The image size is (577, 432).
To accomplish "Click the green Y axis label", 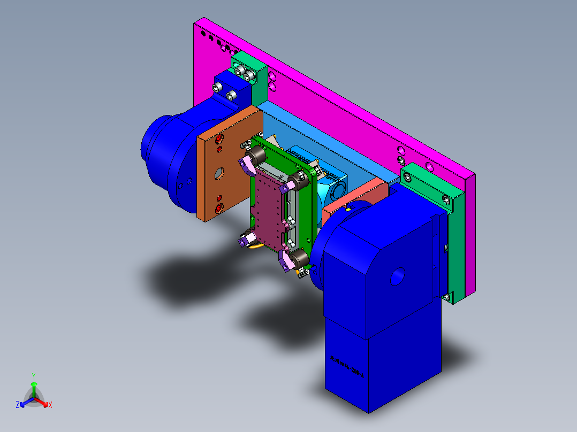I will point(33,375).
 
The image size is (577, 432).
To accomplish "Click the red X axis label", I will point(50,405).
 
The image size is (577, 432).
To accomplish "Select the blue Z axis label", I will point(17,405).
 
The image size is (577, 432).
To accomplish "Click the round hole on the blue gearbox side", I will point(398,276).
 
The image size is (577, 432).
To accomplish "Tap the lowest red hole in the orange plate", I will point(218,209).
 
